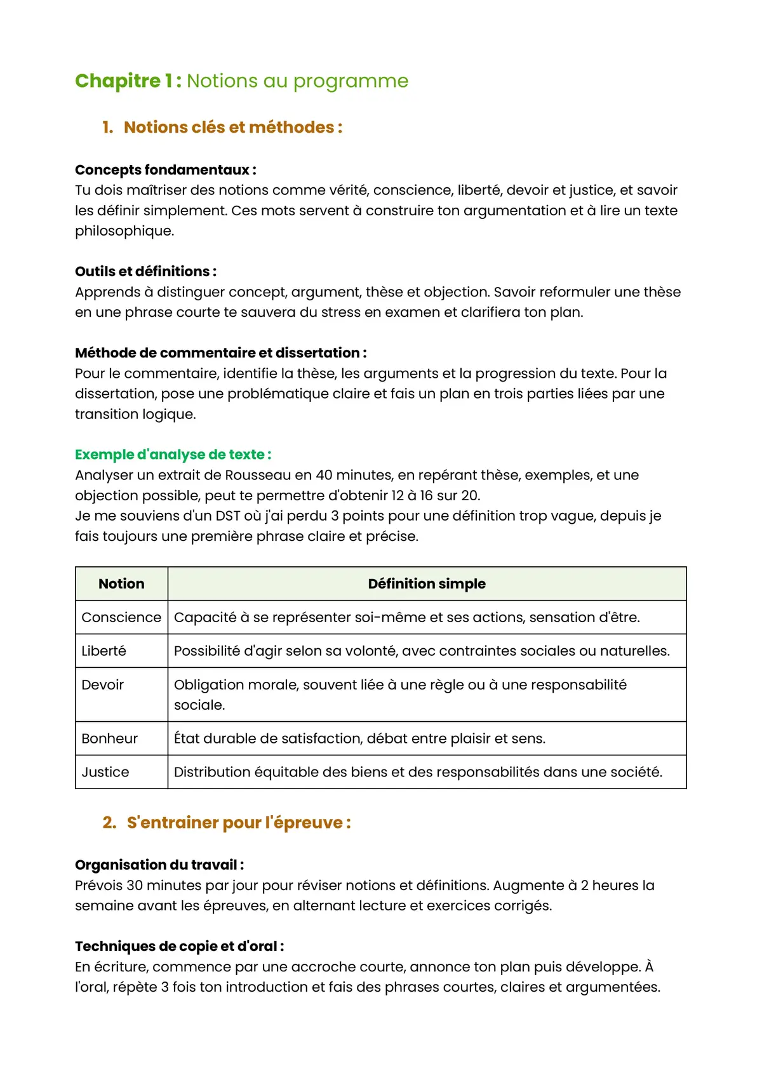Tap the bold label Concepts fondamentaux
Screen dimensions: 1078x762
(x=165, y=170)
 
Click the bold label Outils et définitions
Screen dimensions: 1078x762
(x=145, y=272)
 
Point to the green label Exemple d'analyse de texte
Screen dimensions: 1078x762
(x=173, y=455)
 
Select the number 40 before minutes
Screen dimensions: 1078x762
(x=324, y=476)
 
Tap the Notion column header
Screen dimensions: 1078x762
(x=121, y=584)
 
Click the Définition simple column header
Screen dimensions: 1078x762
(x=427, y=584)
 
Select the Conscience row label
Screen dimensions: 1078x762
(x=121, y=618)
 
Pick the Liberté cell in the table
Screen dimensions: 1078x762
(x=104, y=651)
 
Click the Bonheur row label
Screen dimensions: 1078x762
(x=110, y=739)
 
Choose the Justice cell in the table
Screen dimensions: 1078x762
(x=105, y=773)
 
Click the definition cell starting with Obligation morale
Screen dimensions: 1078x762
(x=400, y=695)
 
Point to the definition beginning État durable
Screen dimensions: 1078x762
(x=359, y=739)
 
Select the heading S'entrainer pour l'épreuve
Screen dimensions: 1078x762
(x=239, y=823)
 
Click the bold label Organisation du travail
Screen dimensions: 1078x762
(x=159, y=865)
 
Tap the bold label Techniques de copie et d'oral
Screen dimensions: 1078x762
(x=179, y=947)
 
